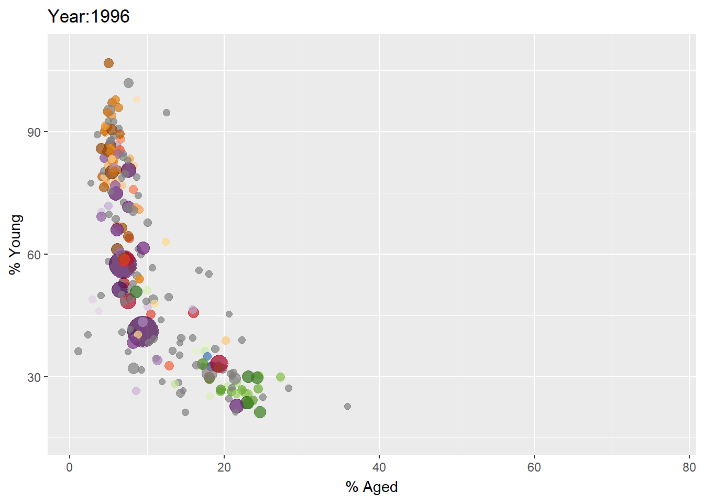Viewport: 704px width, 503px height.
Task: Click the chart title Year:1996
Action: point(89,17)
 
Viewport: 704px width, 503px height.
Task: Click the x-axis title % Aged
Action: point(371,487)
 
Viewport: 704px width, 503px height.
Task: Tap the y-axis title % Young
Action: point(16,244)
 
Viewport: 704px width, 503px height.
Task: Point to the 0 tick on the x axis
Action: point(70,468)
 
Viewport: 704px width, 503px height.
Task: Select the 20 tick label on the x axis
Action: point(224,468)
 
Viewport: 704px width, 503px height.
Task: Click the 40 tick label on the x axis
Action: point(379,468)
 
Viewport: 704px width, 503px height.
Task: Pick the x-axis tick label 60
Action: point(534,468)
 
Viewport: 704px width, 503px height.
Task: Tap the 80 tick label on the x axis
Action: point(689,468)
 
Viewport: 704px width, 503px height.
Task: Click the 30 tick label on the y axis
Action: point(34,377)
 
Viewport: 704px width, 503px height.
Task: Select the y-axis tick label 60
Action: point(34,255)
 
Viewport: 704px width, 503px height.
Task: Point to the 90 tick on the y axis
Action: point(34,132)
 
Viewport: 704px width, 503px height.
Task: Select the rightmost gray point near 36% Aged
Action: point(347,406)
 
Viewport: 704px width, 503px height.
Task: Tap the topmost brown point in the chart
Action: point(108,63)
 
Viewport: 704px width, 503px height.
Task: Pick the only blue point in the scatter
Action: point(207,356)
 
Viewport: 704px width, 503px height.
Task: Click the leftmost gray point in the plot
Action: point(78,351)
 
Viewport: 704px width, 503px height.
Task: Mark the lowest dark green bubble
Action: point(260,412)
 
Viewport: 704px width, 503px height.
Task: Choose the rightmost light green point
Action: point(280,377)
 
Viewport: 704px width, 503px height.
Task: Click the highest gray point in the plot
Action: point(128,83)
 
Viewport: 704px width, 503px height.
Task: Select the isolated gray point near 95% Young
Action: point(167,113)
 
